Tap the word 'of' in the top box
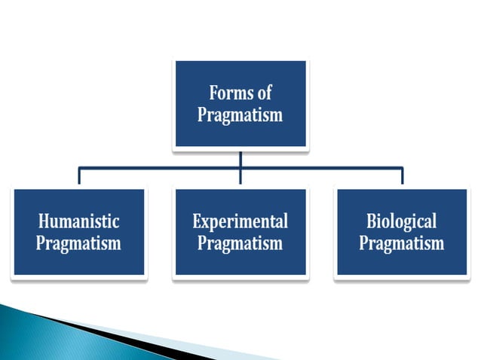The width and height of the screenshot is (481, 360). point(264,94)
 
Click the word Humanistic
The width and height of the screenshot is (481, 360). point(79,221)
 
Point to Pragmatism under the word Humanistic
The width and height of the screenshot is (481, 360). point(79,244)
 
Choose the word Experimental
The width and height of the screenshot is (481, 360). point(240,221)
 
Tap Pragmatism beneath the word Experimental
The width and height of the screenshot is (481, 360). point(240,244)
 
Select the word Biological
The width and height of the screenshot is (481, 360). point(401,221)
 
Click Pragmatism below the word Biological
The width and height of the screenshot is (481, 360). point(401,244)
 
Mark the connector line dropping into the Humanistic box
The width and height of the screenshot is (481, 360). point(79,177)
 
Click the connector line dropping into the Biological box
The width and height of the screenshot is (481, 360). point(402,177)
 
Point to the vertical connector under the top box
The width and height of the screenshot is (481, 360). point(240,158)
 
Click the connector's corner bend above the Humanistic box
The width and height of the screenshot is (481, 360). point(79,169)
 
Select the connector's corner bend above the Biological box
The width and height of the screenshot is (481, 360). point(402,169)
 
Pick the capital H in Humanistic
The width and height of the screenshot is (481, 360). point(44,221)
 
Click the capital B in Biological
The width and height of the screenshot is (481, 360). point(372,221)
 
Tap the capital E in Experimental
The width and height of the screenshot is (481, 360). point(198,221)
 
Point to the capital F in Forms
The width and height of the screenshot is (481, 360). point(213,94)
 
